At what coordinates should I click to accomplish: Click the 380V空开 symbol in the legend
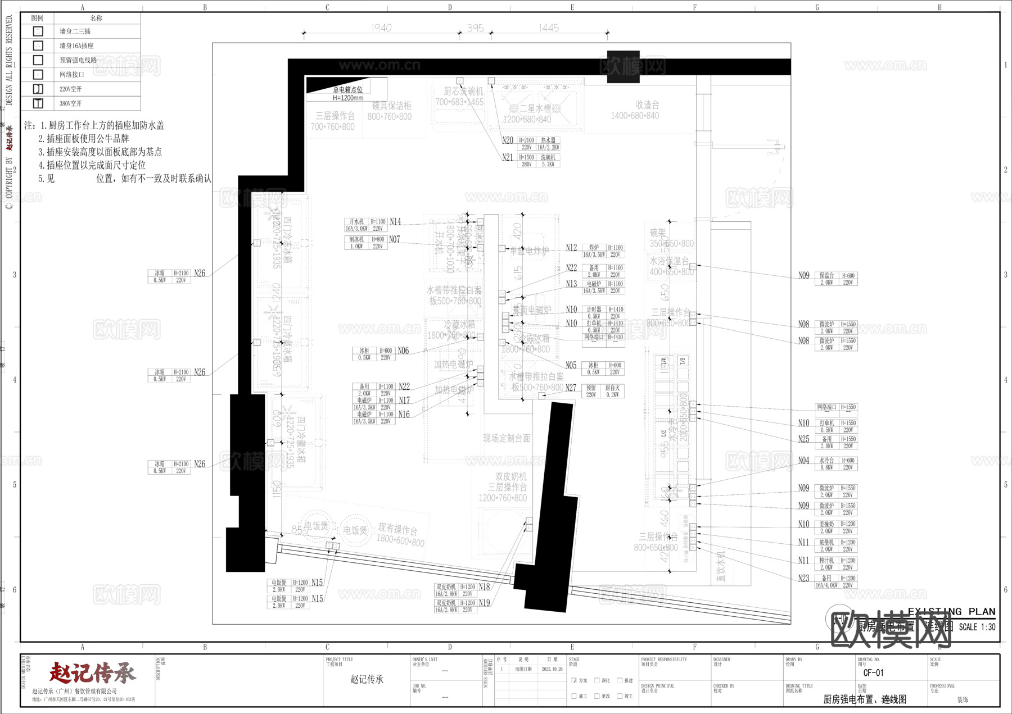(38, 103)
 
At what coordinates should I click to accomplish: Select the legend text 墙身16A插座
(76, 46)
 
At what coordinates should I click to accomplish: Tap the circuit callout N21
(508, 158)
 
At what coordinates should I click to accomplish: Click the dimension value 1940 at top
(381, 28)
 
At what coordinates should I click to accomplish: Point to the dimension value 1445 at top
(548, 28)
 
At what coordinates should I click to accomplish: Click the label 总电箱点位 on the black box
(348, 90)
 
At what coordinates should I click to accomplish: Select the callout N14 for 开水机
(395, 222)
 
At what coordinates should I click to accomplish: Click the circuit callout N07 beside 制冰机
(395, 239)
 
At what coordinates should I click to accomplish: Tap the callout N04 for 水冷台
(803, 461)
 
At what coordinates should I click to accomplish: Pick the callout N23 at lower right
(803, 579)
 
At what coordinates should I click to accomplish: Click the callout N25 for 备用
(803, 439)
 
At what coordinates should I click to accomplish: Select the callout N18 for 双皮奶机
(484, 587)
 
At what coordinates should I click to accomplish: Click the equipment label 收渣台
(647, 105)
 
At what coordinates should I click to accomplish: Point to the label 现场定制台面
(507, 438)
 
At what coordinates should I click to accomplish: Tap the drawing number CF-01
(873, 672)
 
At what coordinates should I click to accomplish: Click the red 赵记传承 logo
(92, 672)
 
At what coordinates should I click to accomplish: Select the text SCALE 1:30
(977, 627)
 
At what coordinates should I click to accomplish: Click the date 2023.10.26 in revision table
(552, 669)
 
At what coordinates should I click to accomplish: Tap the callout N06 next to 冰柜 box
(403, 351)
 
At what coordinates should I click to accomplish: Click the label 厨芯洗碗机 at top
(463, 91)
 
